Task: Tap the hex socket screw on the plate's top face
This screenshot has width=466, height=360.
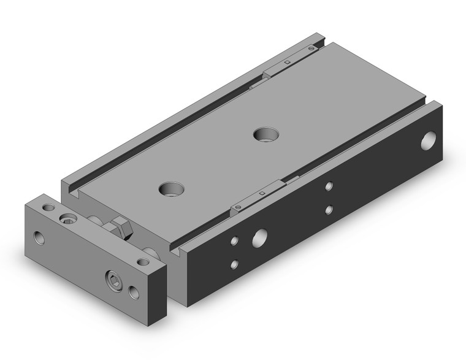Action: (67, 218)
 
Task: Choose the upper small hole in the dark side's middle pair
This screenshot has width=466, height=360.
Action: (329, 186)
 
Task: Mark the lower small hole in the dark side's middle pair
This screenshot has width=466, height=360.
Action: (329, 210)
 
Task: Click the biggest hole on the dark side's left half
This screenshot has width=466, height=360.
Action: (260, 237)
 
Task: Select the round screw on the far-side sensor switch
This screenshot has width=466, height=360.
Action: (312, 47)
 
